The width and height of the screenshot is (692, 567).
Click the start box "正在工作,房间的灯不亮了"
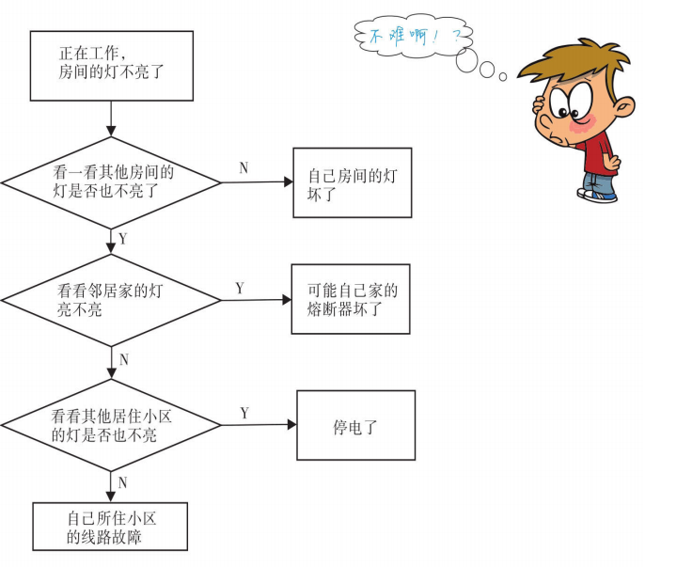coord(111,65)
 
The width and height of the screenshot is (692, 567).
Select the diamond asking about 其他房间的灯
coord(111,181)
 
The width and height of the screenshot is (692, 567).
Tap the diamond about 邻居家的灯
coord(111,301)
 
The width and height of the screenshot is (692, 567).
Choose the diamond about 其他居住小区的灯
coord(111,426)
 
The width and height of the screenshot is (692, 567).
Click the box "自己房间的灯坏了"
coord(352,182)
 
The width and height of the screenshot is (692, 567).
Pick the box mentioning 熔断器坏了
coord(351,299)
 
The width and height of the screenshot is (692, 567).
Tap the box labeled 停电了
coord(355,426)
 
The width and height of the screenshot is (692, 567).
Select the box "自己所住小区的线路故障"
coord(110,527)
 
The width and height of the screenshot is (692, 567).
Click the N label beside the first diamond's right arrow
coord(244,167)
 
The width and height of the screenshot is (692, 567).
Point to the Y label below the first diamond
coord(122,239)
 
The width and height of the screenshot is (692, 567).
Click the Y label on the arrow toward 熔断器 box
coord(240,288)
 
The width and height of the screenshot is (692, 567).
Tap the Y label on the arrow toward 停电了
coord(244,413)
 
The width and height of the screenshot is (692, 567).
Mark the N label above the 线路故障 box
coord(122,483)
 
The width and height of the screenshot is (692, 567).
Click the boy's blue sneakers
coord(598,195)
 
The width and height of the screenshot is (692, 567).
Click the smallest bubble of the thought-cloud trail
coord(503,76)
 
